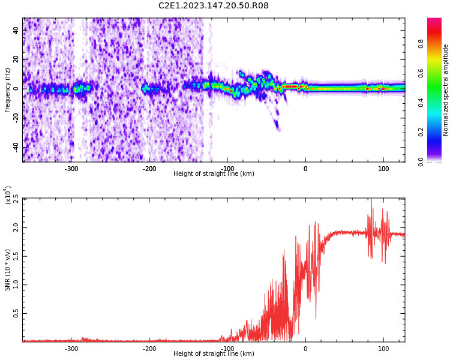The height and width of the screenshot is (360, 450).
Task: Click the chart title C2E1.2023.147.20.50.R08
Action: click(x=213, y=6)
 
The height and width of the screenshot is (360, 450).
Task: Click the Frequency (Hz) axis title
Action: click(x=8, y=90)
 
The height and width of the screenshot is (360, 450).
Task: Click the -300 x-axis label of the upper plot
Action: click(x=71, y=169)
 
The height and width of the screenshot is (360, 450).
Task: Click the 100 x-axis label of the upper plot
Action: click(x=383, y=169)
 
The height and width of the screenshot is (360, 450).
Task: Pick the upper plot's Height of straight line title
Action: click(x=214, y=174)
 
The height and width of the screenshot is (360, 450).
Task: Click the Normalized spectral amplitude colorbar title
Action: click(x=446, y=90)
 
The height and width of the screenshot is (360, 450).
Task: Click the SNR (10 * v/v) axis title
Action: click(x=8, y=269)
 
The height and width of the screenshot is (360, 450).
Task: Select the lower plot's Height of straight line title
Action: click(x=214, y=354)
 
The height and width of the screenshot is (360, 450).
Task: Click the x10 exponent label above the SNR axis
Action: click(x=8, y=196)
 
